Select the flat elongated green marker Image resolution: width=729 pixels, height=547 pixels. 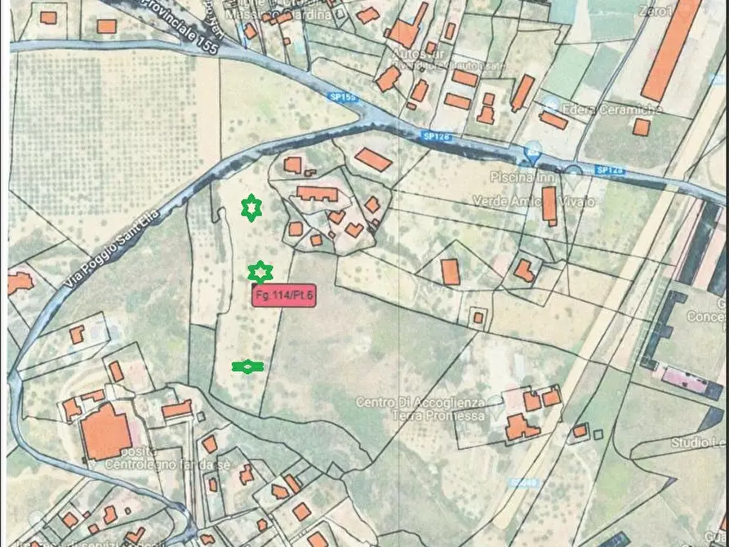(x=247, y=367)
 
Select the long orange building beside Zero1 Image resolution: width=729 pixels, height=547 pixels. (x=671, y=49)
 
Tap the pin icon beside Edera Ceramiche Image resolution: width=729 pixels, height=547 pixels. (x=551, y=105)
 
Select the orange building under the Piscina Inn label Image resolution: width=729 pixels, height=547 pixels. (x=549, y=205)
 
